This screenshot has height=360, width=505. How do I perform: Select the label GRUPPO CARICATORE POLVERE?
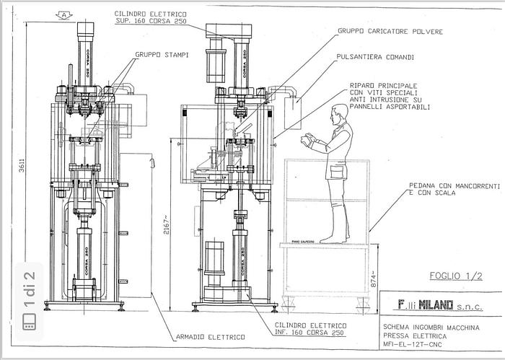click(x=390, y=32)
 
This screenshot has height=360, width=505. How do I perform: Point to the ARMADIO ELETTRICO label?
click(x=210, y=336)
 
